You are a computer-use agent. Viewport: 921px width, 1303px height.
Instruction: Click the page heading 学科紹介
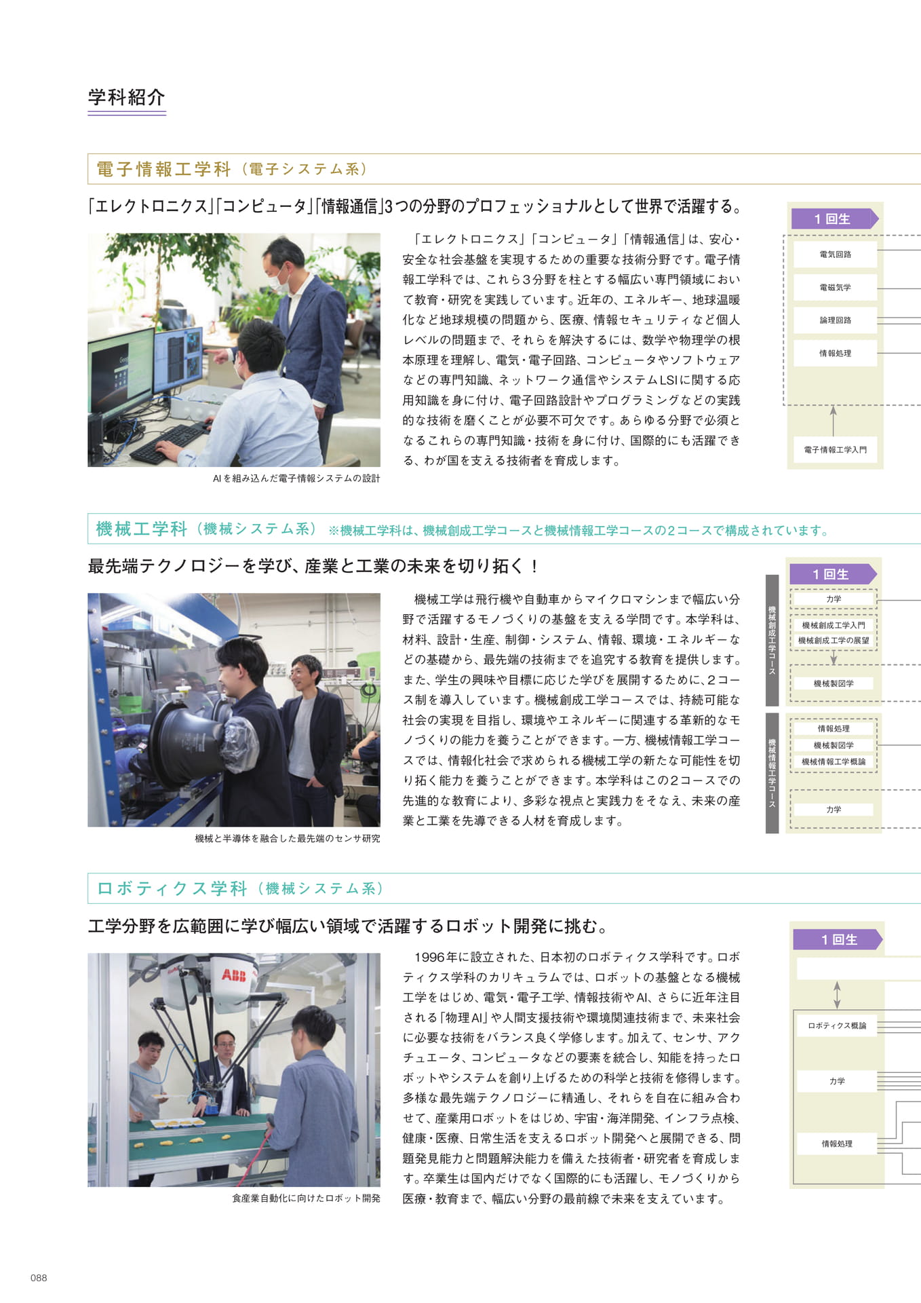(x=127, y=97)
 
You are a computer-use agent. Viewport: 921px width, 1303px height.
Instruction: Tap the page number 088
(x=39, y=1278)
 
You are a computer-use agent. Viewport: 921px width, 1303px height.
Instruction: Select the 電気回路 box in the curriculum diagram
(x=835, y=254)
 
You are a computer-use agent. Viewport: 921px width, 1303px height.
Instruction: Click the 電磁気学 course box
(x=835, y=287)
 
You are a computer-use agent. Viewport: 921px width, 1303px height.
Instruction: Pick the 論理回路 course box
(x=835, y=320)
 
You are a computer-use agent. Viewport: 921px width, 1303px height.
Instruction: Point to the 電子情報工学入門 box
(x=835, y=449)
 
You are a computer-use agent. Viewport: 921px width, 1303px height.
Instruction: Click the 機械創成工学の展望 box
(x=834, y=641)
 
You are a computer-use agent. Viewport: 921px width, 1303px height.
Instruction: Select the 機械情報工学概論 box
(x=834, y=761)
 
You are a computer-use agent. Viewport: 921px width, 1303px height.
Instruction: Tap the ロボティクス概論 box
(x=837, y=1025)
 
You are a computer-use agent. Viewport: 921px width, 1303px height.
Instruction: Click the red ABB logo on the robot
(x=233, y=975)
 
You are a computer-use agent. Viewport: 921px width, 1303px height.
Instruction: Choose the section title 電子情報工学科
(x=163, y=169)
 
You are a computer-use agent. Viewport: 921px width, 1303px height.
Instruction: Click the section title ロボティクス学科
(x=172, y=888)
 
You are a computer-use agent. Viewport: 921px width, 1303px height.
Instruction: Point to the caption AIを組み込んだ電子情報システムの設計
(x=296, y=478)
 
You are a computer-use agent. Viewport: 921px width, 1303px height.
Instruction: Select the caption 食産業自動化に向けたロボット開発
(x=306, y=1198)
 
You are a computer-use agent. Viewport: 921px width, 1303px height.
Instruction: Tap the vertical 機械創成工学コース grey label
(x=772, y=640)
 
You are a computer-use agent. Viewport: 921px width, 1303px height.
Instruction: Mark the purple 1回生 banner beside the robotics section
(x=838, y=939)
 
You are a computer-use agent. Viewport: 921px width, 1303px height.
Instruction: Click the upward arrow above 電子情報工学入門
(x=834, y=421)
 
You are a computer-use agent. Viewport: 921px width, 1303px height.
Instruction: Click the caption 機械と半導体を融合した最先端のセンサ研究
(x=288, y=839)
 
